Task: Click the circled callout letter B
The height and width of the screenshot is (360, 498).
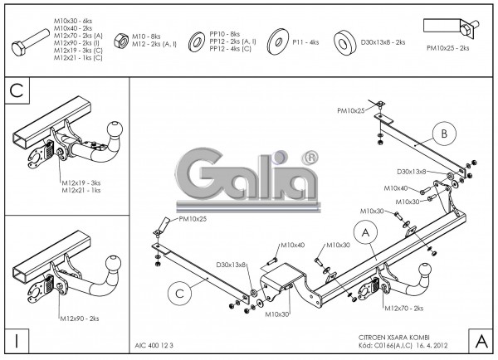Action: click(x=444, y=132)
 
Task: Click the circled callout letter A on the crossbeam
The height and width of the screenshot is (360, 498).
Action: click(x=362, y=231)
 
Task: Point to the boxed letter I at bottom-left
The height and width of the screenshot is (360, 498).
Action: click(x=16, y=340)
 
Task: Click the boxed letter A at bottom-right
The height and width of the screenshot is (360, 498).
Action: click(x=480, y=339)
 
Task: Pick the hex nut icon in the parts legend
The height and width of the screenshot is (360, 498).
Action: click(x=119, y=39)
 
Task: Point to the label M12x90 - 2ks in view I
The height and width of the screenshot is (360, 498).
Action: click(x=80, y=318)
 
